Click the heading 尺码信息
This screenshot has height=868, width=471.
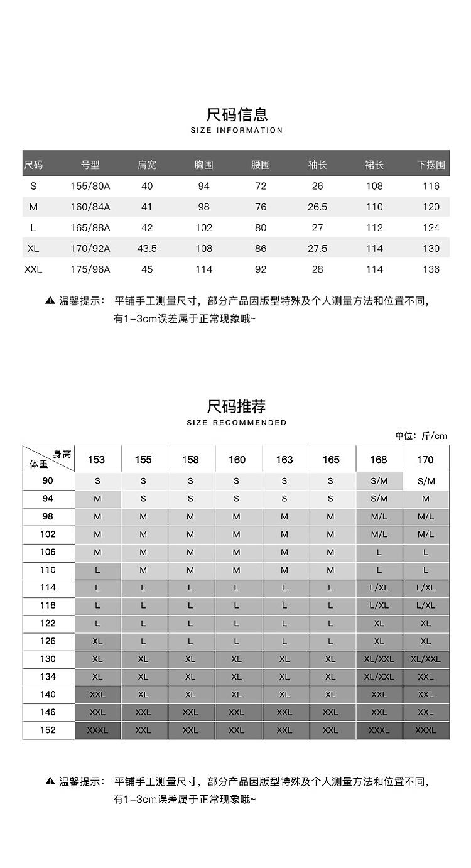[x=237, y=114]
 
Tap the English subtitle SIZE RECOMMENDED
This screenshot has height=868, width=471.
[x=237, y=423]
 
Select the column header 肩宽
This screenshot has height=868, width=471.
[x=147, y=165]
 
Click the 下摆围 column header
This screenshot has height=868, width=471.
[x=431, y=165]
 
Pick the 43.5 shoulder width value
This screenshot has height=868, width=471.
[x=147, y=249]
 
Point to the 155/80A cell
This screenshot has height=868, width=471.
[x=90, y=187]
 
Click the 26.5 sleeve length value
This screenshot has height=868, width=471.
[x=317, y=207]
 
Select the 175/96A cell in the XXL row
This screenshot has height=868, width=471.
[x=90, y=269]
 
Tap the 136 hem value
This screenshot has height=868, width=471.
[x=431, y=269]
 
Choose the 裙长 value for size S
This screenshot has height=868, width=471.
[x=374, y=187]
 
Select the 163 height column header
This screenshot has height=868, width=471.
[x=284, y=460]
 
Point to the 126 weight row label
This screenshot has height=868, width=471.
[x=48, y=641]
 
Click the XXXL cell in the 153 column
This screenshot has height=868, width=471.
[x=97, y=730]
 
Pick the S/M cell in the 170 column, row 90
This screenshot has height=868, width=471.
[x=426, y=481]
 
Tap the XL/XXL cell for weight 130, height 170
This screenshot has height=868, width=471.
[x=426, y=659]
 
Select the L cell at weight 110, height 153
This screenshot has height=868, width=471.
[x=97, y=570]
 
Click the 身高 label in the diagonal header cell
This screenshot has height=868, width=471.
[x=62, y=454]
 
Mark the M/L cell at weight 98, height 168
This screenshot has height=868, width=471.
[x=379, y=517]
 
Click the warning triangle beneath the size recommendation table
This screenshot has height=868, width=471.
[x=50, y=781]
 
